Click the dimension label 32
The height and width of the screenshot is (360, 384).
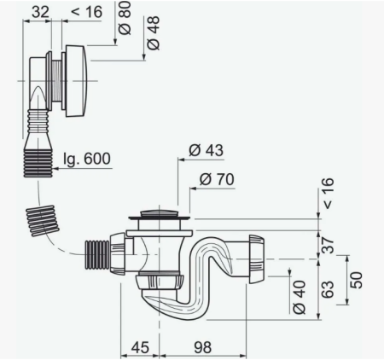(40, 12)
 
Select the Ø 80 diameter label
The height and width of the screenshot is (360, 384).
(125, 18)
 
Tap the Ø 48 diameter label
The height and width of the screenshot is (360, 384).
(153, 32)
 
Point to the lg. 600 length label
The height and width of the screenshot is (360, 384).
(86, 159)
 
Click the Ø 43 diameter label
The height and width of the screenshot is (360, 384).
(206, 150)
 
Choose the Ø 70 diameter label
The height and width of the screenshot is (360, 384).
(217, 179)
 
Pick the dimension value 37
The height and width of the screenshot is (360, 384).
(329, 245)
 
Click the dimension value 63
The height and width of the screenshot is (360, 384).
(329, 289)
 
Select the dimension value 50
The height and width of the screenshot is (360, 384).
(357, 281)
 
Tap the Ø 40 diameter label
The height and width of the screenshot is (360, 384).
(300, 297)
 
